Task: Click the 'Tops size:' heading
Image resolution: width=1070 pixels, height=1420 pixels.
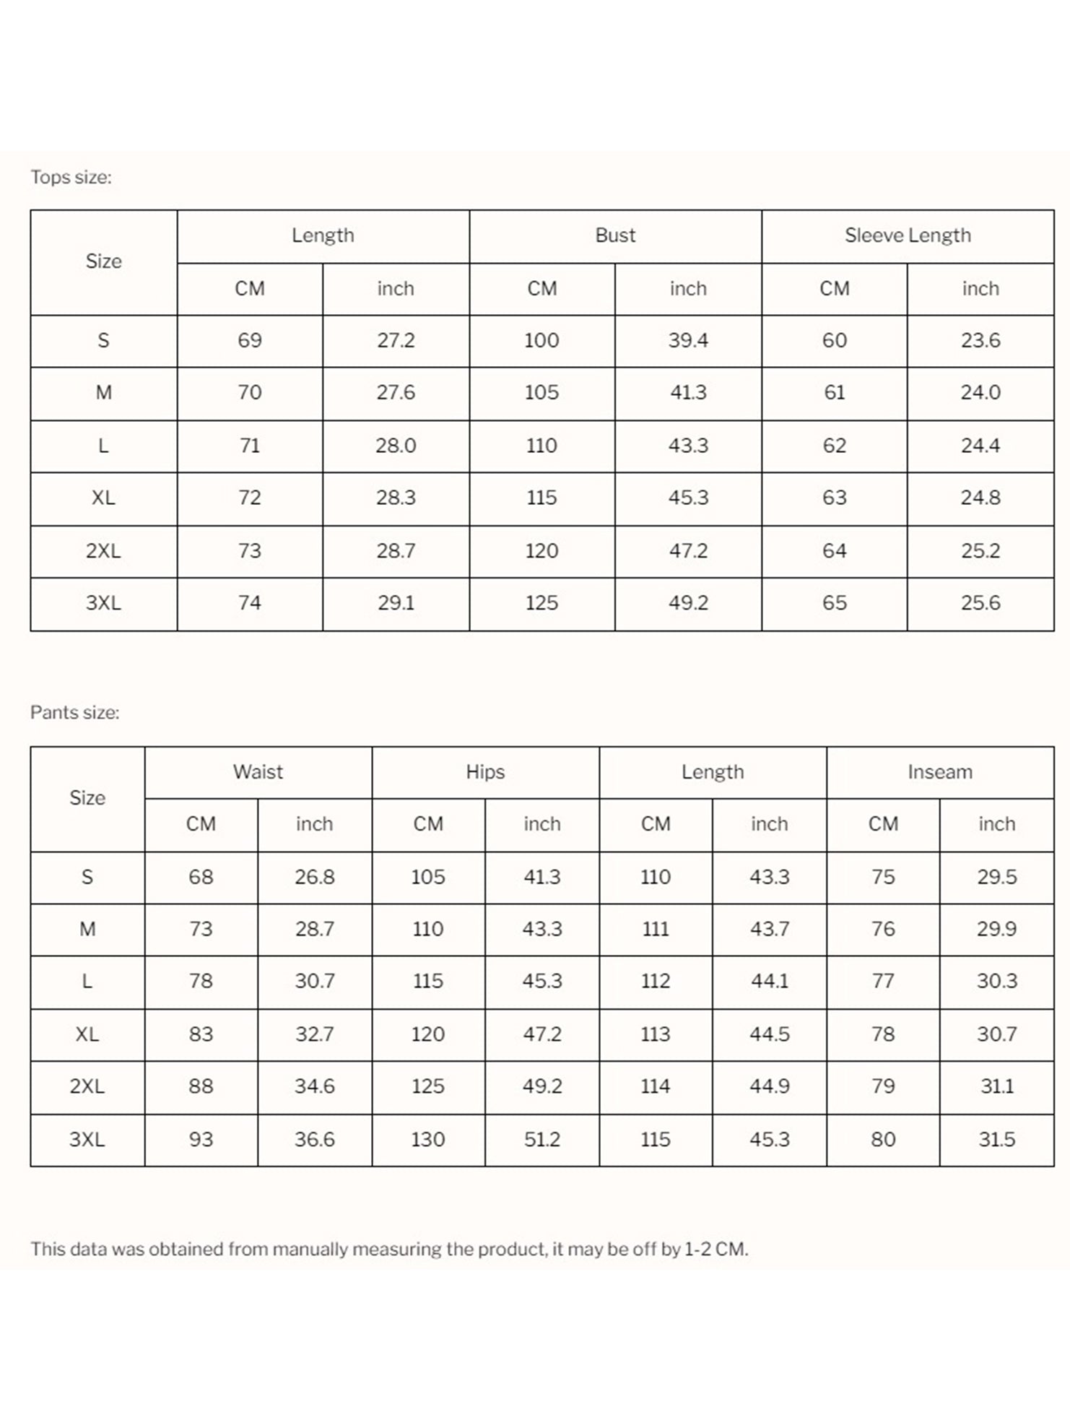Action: (71, 177)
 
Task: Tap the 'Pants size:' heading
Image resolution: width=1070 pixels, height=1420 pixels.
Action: (74, 712)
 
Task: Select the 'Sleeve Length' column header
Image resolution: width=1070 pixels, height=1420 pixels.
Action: (908, 235)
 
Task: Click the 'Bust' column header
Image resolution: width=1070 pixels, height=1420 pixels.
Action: (615, 235)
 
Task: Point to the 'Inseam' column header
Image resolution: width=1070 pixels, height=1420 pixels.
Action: (940, 771)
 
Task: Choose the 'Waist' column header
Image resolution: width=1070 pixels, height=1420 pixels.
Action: (258, 771)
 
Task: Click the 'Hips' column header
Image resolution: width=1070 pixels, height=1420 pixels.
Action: (485, 771)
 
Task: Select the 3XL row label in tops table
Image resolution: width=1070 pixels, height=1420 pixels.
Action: (103, 602)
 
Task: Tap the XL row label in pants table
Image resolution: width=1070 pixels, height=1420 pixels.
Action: (87, 1034)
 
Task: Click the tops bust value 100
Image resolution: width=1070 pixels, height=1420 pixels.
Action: (541, 340)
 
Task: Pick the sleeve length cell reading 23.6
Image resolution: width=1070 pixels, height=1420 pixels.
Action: (980, 340)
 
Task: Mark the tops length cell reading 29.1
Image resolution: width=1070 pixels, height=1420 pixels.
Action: (396, 602)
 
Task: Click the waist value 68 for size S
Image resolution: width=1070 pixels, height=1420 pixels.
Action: (201, 877)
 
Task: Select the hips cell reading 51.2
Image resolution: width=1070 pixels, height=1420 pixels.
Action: (541, 1139)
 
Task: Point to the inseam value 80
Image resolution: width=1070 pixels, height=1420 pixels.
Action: (883, 1139)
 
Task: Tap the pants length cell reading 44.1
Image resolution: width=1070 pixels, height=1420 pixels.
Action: (769, 981)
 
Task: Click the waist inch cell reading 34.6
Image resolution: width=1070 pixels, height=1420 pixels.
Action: (314, 1086)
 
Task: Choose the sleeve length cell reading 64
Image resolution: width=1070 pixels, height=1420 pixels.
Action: (834, 550)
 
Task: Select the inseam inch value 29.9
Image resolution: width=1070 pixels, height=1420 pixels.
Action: (996, 929)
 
